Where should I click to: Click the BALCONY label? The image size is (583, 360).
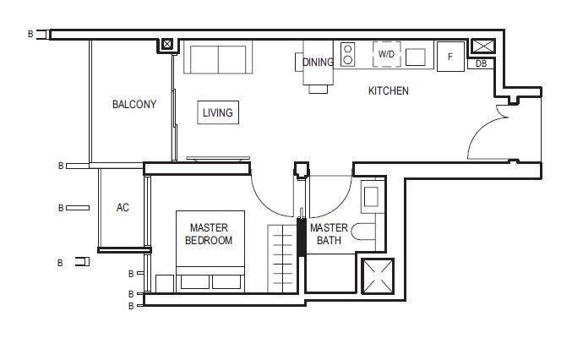(134, 104)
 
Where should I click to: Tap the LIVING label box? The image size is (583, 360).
(218, 112)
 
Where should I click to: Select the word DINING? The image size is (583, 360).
(318, 62)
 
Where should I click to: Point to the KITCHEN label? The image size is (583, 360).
(388, 90)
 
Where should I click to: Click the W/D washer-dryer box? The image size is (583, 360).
(387, 54)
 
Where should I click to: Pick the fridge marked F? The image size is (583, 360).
(450, 57)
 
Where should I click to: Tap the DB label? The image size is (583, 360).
(481, 63)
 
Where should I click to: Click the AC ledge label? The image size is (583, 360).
(123, 208)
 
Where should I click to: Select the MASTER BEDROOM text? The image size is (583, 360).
(209, 234)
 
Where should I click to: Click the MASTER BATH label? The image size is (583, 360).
(329, 234)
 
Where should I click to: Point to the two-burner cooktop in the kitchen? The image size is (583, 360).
(347, 54)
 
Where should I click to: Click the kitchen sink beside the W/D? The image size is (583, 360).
(416, 57)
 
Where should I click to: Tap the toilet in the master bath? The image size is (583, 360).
(363, 232)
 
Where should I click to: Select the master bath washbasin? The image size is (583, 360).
(371, 197)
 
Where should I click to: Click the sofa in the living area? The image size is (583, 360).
(218, 57)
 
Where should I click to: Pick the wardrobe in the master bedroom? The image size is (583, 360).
(282, 259)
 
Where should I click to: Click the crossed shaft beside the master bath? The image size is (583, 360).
(378, 276)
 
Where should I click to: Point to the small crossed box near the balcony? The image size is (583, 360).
(167, 44)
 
